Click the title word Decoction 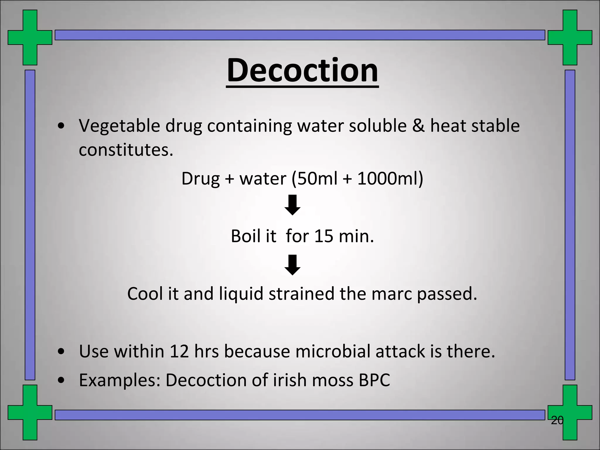[x=302, y=70]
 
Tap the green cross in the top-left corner [x=30, y=37]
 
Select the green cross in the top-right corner [x=570, y=37]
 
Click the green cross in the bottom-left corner [x=30, y=412]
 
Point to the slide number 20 [x=557, y=420]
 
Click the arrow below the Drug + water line [x=292, y=205]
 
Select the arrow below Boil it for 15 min [x=292, y=265]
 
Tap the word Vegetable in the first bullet [x=120, y=126]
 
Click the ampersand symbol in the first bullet [x=418, y=126]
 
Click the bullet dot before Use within [x=61, y=352]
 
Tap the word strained [x=301, y=294]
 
